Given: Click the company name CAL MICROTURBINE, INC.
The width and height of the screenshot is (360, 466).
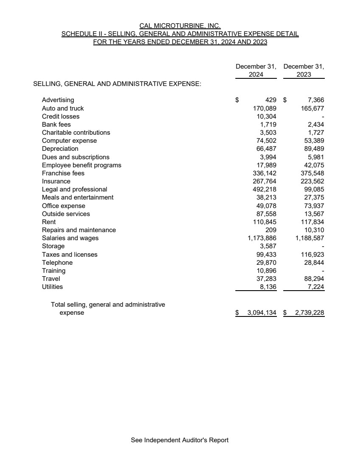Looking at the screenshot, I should [180, 26].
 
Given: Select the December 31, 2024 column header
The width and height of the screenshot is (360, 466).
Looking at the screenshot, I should [256, 70].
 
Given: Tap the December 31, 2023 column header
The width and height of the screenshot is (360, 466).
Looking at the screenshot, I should [304, 70].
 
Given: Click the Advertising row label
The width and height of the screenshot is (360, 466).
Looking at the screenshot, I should [58, 100].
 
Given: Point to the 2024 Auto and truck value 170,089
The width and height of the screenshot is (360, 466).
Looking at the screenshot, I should [265, 108].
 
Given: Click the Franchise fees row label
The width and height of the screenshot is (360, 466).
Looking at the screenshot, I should [63, 173].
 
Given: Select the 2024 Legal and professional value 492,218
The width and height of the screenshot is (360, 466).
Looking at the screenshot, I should [265, 189].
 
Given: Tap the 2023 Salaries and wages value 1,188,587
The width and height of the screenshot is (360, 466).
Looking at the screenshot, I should [310, 238].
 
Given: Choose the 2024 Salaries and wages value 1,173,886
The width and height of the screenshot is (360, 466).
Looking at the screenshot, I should [262, 238].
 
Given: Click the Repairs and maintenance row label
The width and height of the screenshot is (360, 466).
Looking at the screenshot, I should [79, 230].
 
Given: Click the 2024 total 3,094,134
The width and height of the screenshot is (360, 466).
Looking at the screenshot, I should [262, 313].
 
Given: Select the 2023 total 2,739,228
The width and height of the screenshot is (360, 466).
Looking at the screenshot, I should [310, 313].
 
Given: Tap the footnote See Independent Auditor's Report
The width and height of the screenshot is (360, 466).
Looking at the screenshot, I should [180, 440].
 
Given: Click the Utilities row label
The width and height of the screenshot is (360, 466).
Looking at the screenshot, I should [52, 287].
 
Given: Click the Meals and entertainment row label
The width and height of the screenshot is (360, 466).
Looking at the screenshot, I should [78, 197].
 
